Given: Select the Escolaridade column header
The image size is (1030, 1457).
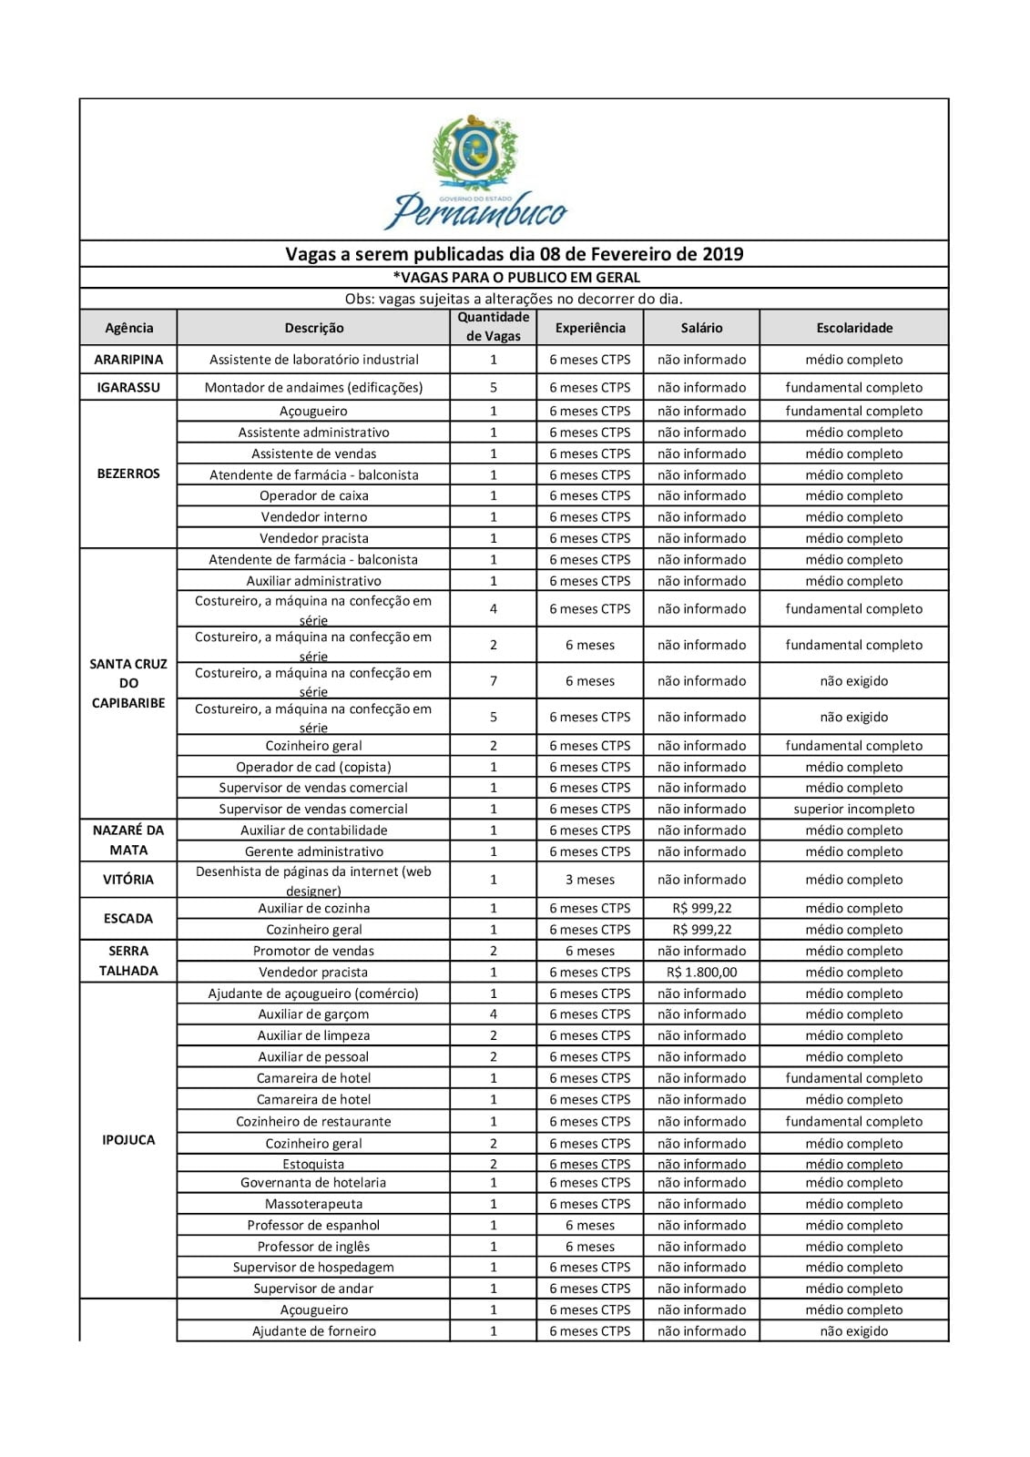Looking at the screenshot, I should coord(853,328).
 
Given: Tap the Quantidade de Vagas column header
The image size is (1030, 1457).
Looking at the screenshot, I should coord(494,327).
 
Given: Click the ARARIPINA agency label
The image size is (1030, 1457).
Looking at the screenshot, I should coord(128,360).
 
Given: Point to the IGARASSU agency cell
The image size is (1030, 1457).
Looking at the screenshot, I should coord(128,387).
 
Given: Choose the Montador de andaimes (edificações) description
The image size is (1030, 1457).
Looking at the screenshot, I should coord(313,387).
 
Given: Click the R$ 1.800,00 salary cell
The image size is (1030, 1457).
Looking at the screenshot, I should coord(701,972).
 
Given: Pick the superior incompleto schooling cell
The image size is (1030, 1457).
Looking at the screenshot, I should coord(853,809).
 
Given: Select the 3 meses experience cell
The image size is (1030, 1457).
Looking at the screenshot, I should coord(589,880).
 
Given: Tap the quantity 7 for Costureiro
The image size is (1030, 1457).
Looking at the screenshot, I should coord(494,681).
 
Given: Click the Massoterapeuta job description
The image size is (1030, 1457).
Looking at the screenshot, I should coord(313,1204).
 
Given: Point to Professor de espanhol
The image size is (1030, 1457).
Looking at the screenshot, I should coord(313,1226).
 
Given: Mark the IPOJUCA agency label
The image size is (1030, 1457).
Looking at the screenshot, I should coord(128,1140).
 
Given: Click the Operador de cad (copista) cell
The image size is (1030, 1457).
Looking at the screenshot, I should coord(313,767).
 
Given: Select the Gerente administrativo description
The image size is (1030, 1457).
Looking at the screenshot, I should coord(313,851).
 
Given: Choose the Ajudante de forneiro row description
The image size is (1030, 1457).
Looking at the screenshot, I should coord(313,1331).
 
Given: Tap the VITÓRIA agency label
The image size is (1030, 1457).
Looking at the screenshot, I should coord(128,880).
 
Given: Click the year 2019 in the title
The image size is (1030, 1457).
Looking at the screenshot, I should coord(723,254).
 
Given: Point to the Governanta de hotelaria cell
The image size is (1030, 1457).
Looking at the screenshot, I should coord(313,1183).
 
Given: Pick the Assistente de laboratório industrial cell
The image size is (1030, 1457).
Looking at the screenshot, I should coord(313,360).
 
